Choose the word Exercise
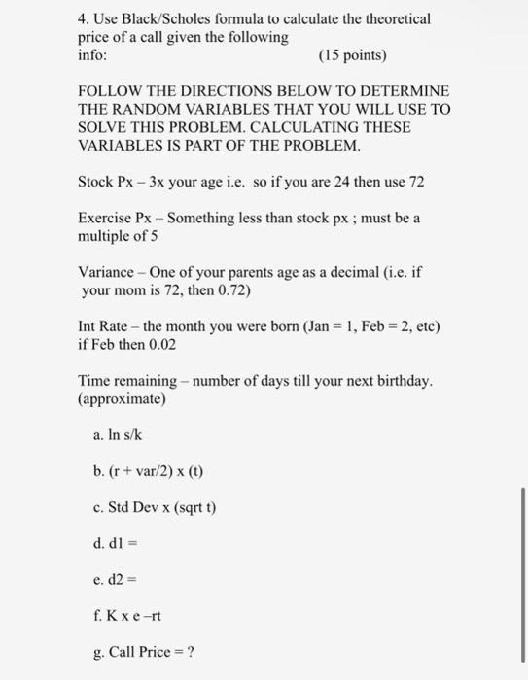click(104, 220)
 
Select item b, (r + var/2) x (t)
click(151, 473)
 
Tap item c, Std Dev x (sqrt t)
click(155, 509)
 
